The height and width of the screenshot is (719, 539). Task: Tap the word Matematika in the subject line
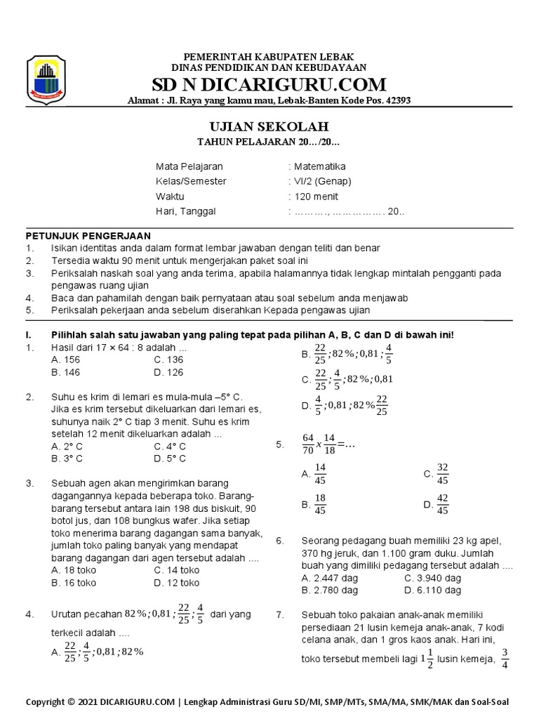coord(319,166)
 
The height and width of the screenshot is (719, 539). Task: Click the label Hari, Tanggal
coord(186,211)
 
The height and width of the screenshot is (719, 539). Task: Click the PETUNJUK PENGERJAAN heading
coord(88,235)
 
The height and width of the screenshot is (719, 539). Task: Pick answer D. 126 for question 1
coord(168,372)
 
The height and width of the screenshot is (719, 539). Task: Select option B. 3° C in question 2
coord(67,459)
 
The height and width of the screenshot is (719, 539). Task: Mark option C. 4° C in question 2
coord(170,446)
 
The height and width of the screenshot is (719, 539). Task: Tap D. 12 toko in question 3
coord(176,583)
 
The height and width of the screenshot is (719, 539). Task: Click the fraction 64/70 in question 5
coord(308,444)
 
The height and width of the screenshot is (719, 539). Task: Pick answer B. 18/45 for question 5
coord(314,504)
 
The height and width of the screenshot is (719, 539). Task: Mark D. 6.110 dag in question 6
coord(433,591)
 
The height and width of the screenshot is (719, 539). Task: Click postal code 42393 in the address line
coord(396,100)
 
